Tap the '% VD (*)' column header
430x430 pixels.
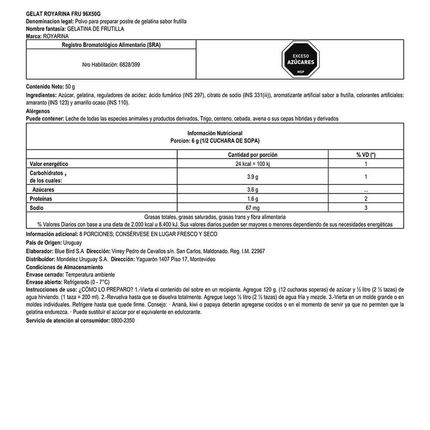(365, 154)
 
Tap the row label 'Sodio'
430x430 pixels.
(36, 207)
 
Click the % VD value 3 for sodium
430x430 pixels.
(365, 207)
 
